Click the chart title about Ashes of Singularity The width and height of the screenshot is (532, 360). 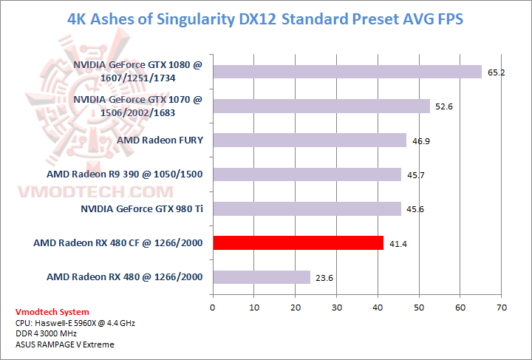(265, 18)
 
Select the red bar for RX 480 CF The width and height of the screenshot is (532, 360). (298, 242)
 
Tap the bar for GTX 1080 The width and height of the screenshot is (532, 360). (347, 71)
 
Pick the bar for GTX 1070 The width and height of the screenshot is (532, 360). (321, 106)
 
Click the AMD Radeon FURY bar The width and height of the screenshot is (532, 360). (309, 140)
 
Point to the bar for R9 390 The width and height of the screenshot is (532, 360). (307, 174)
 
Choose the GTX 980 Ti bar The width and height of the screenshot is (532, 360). (307, 208)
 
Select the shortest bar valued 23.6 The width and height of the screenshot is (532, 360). (261, 277)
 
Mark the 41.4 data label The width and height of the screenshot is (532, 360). (397, 244)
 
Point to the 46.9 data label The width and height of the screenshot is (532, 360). (420, 141)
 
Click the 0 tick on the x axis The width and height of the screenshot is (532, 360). (213, 306)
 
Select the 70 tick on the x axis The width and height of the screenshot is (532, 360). (502, 306)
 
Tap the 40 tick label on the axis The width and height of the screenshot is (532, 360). (378, 306)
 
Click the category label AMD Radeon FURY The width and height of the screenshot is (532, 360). (160, 140)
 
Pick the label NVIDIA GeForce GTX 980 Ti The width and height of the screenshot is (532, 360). (142, 208)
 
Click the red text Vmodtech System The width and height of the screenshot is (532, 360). (52, 312)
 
